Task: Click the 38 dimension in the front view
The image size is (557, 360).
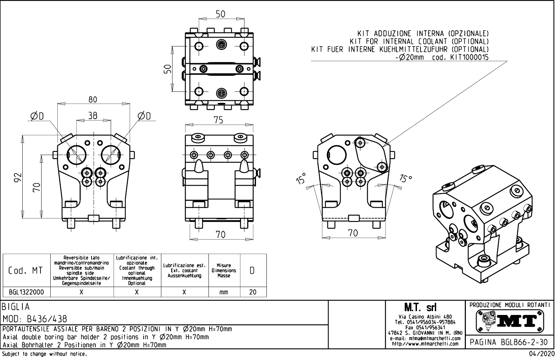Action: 93,116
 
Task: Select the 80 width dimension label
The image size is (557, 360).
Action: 93,100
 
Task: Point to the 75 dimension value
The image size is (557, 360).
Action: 218,120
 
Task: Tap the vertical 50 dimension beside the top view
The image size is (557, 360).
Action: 168,69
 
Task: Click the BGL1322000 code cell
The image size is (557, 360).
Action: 27,292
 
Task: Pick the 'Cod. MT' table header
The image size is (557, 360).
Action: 26,271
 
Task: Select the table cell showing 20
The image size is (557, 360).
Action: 252,292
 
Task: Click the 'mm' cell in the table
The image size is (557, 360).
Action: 224,292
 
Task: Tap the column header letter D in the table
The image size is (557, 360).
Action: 252,271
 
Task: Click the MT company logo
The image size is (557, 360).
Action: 510,321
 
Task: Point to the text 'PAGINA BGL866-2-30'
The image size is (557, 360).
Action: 510,342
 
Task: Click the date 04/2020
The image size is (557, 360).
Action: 542,354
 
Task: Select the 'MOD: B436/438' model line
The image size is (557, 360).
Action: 35,319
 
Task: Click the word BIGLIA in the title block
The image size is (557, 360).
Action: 16,307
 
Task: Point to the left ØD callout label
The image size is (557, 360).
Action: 37,116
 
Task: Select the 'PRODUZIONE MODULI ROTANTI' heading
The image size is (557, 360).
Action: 510,305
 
